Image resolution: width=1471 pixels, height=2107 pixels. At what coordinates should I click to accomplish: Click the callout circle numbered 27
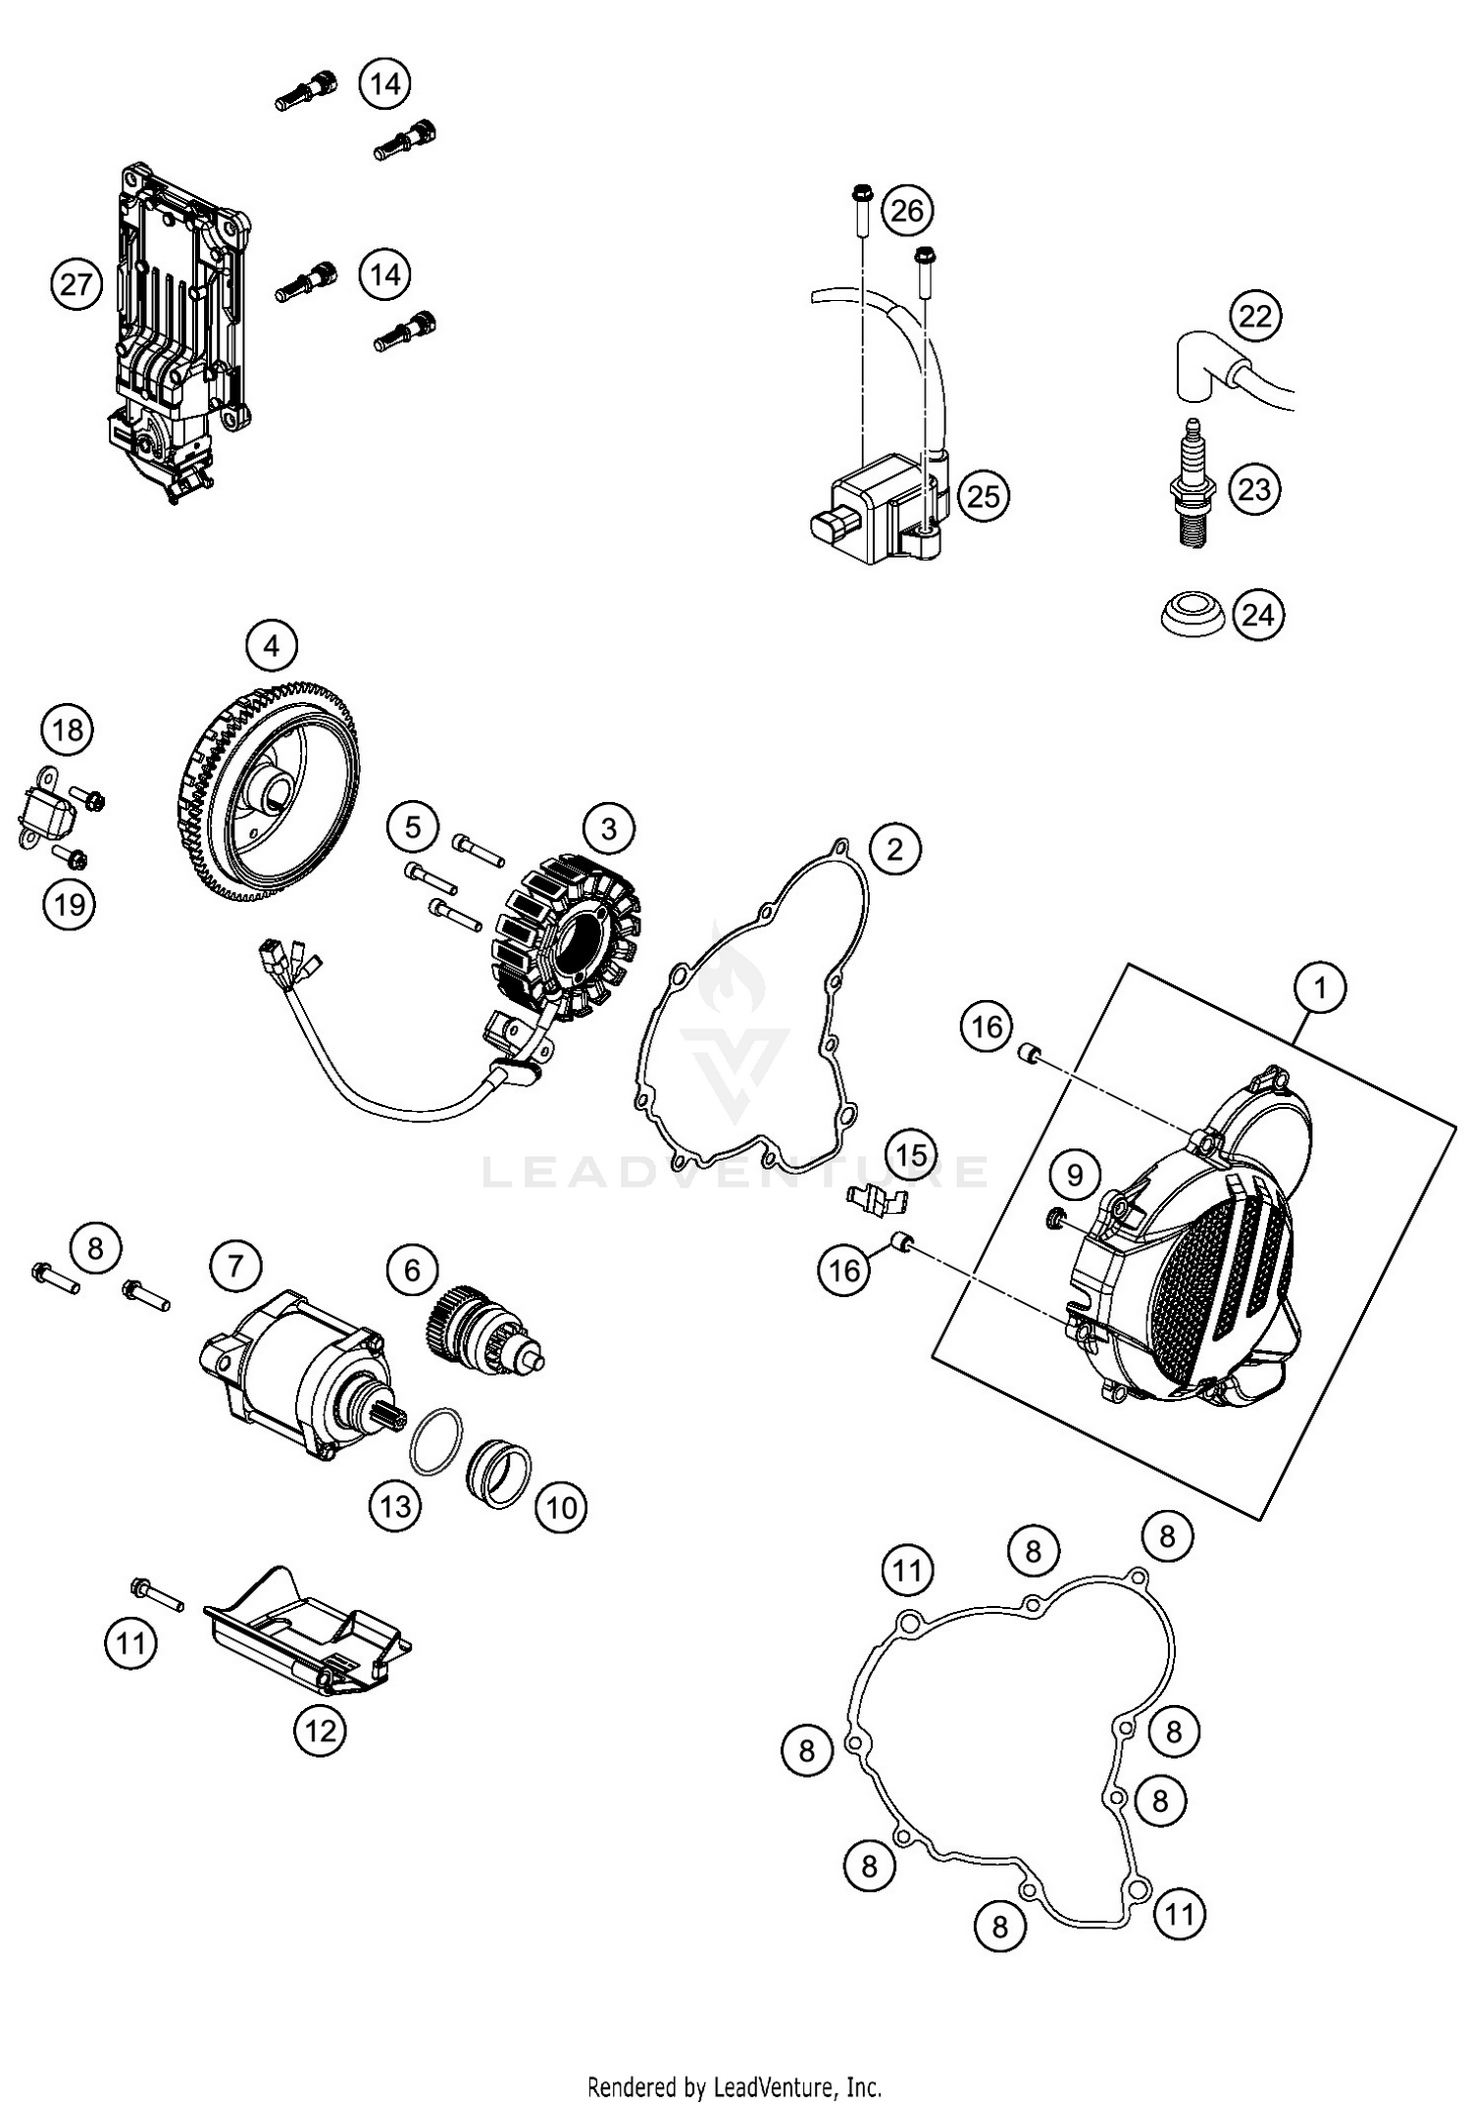(76, 284)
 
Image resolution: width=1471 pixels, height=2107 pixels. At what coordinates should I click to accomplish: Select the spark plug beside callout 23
(1193, 485)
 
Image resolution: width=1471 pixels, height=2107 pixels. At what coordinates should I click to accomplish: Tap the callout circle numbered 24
(1257, 615)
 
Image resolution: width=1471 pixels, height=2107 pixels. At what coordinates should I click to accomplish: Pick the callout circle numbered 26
(907, 210)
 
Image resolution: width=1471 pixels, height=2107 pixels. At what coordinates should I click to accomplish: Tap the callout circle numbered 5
(413, 828)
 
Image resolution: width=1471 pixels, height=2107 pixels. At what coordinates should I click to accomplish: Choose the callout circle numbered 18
(68, 730)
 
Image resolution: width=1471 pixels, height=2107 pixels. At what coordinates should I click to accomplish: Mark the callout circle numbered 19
(69, 903)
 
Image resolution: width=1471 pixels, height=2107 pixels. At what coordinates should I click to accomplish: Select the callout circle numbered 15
(912, 1154)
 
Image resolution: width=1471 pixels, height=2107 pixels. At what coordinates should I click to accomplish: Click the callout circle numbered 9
(1075, 1175)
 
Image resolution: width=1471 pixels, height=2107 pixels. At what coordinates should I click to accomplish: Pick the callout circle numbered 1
(1320, 987)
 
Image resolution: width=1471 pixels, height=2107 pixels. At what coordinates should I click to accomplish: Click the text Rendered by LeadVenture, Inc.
(734, 2086)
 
